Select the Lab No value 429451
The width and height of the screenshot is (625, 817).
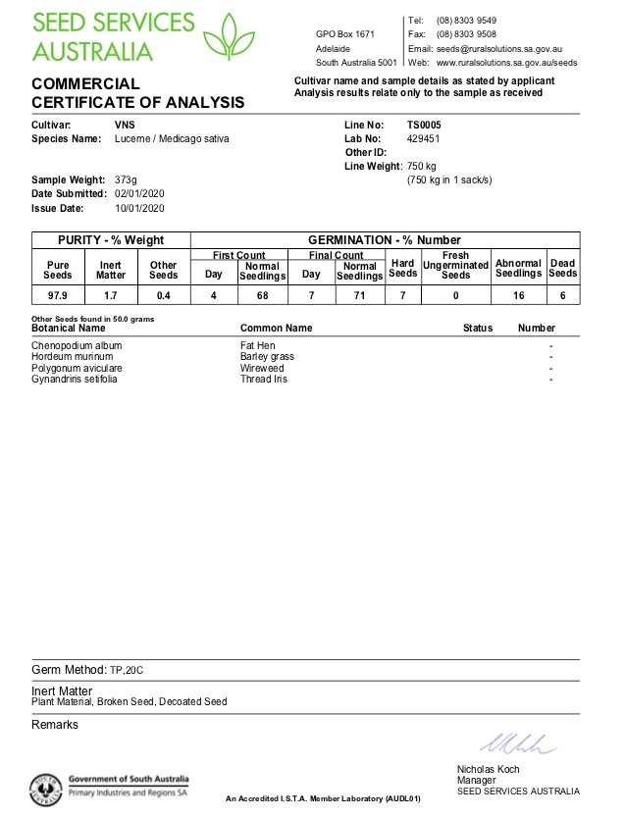[426, 139]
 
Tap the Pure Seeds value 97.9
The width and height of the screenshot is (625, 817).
[58, 294]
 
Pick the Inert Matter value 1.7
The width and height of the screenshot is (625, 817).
[111, 294]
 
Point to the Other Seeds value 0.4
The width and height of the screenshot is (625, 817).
[163, 294]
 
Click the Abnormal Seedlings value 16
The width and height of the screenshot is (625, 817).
[518, 294]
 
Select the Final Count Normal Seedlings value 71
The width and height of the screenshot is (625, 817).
[360, 294]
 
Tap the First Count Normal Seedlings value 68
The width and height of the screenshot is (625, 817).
[262, 294]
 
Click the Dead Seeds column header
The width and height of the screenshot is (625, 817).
[562, 268]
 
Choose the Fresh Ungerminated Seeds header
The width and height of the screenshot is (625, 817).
[455, 265]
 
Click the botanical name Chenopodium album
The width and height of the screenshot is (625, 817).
[77, 346]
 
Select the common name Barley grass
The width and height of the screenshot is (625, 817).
[267, 357]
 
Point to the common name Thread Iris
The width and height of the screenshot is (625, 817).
[263, 379]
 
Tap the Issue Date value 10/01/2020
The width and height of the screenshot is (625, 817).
[139, 208]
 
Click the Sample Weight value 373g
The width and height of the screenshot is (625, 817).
[126, 180]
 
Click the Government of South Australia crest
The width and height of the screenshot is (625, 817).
[46, 788]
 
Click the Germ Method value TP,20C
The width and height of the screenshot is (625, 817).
[127, 670]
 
